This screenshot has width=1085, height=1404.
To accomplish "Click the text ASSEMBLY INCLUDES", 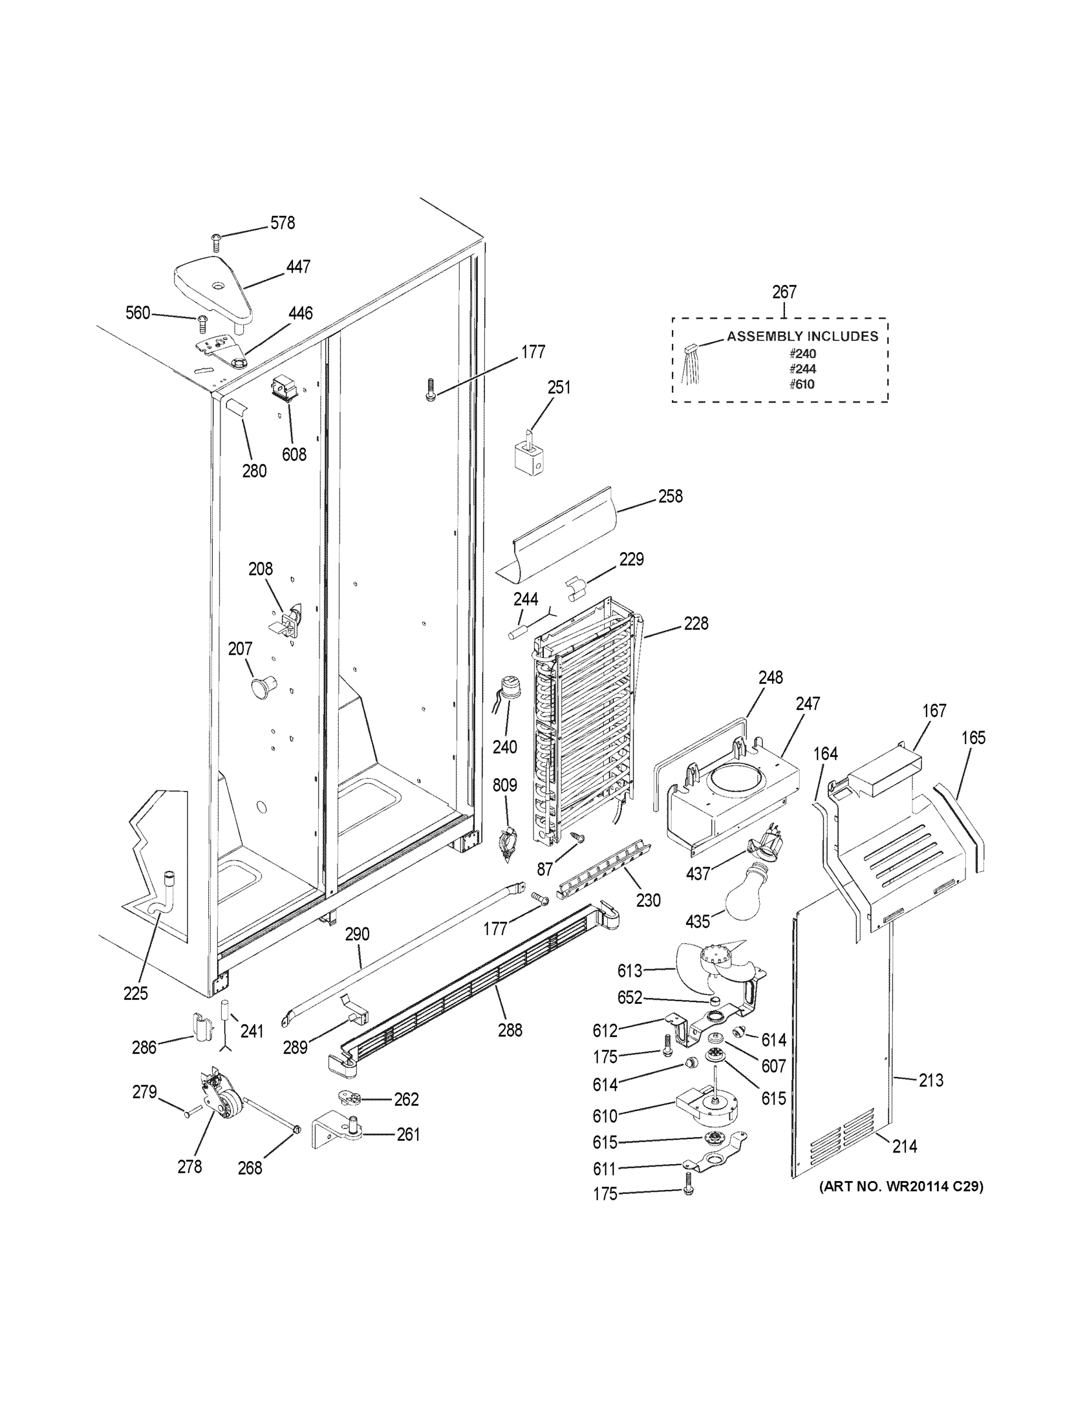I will click(x=802, y=336).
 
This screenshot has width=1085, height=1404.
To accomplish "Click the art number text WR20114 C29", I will click(x=901, y=1186).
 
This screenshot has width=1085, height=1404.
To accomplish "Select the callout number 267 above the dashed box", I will click(x=784, y=292).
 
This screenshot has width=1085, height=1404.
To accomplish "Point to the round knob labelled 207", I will click(x=262, y=686).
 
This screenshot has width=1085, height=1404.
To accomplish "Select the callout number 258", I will click(x=670, y=496).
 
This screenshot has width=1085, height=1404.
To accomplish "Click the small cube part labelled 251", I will click(x=531, y=460).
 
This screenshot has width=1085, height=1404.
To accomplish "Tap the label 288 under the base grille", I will click(x=509, y=1030).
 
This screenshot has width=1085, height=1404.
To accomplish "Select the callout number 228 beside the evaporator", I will click(x=695, y=623).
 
